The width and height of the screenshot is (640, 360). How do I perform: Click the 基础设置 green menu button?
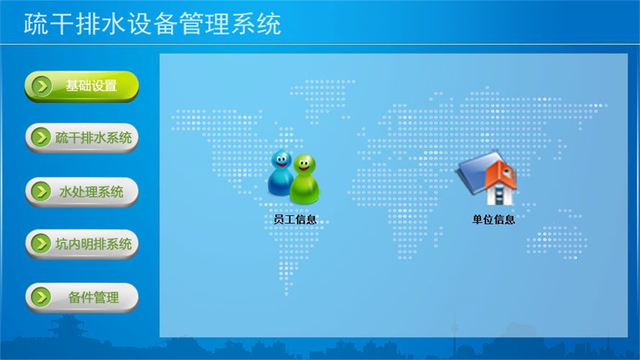pos(81,86)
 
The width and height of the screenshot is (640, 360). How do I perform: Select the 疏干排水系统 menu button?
pos(81,137)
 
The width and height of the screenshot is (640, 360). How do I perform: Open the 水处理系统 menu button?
pos(81,191)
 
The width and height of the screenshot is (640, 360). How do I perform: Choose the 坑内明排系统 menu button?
pos(81,244)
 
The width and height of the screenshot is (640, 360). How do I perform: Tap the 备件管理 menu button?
pos(81,297)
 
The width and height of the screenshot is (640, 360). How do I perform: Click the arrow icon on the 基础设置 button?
pos(41,86)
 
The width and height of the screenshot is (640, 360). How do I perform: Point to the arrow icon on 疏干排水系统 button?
pos(40,137)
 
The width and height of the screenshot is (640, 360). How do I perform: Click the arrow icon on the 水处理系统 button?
pos(40,191)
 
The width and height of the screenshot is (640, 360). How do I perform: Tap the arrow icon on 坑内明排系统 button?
pos(40,244)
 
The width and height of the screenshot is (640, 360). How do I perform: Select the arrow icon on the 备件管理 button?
pos(40,297)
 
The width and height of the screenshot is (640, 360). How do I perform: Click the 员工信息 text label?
pos(295,219)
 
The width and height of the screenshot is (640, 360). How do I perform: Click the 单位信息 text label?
pos(493,219)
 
